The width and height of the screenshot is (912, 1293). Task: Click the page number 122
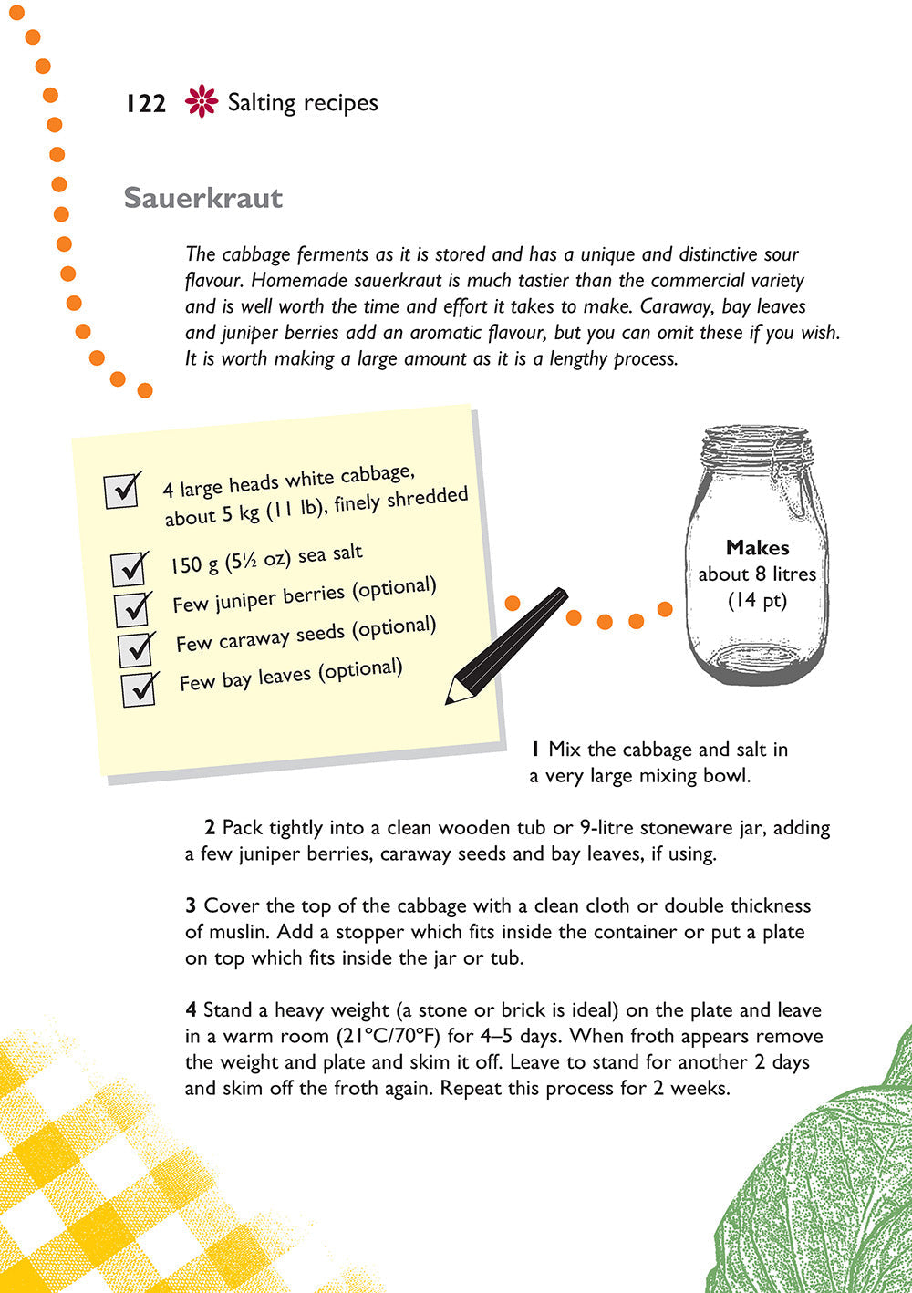click(x=146, y=104)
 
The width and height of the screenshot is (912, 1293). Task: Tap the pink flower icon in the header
click(x=202, y=101)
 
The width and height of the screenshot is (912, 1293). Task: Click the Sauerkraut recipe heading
click(x=203, y=198)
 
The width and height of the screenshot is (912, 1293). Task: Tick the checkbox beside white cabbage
click(x=121, y=491)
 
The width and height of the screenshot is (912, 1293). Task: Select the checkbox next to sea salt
click(x=129, y=569)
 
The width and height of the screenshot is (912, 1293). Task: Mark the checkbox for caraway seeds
click(x=137, y=648)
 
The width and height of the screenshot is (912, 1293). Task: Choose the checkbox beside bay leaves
click(x=140, y=688)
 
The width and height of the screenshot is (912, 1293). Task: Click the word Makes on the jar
click(x=757, y=548)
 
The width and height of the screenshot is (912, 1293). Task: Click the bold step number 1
click(x=535, y=750)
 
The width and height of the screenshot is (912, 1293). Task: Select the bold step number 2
click(x=210, y=828)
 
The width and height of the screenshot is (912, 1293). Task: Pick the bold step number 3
click(x=191, y=906)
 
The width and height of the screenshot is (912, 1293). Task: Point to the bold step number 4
click(x=191, y=1010)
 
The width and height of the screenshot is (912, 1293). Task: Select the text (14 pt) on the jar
click(x=757, y=600)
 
